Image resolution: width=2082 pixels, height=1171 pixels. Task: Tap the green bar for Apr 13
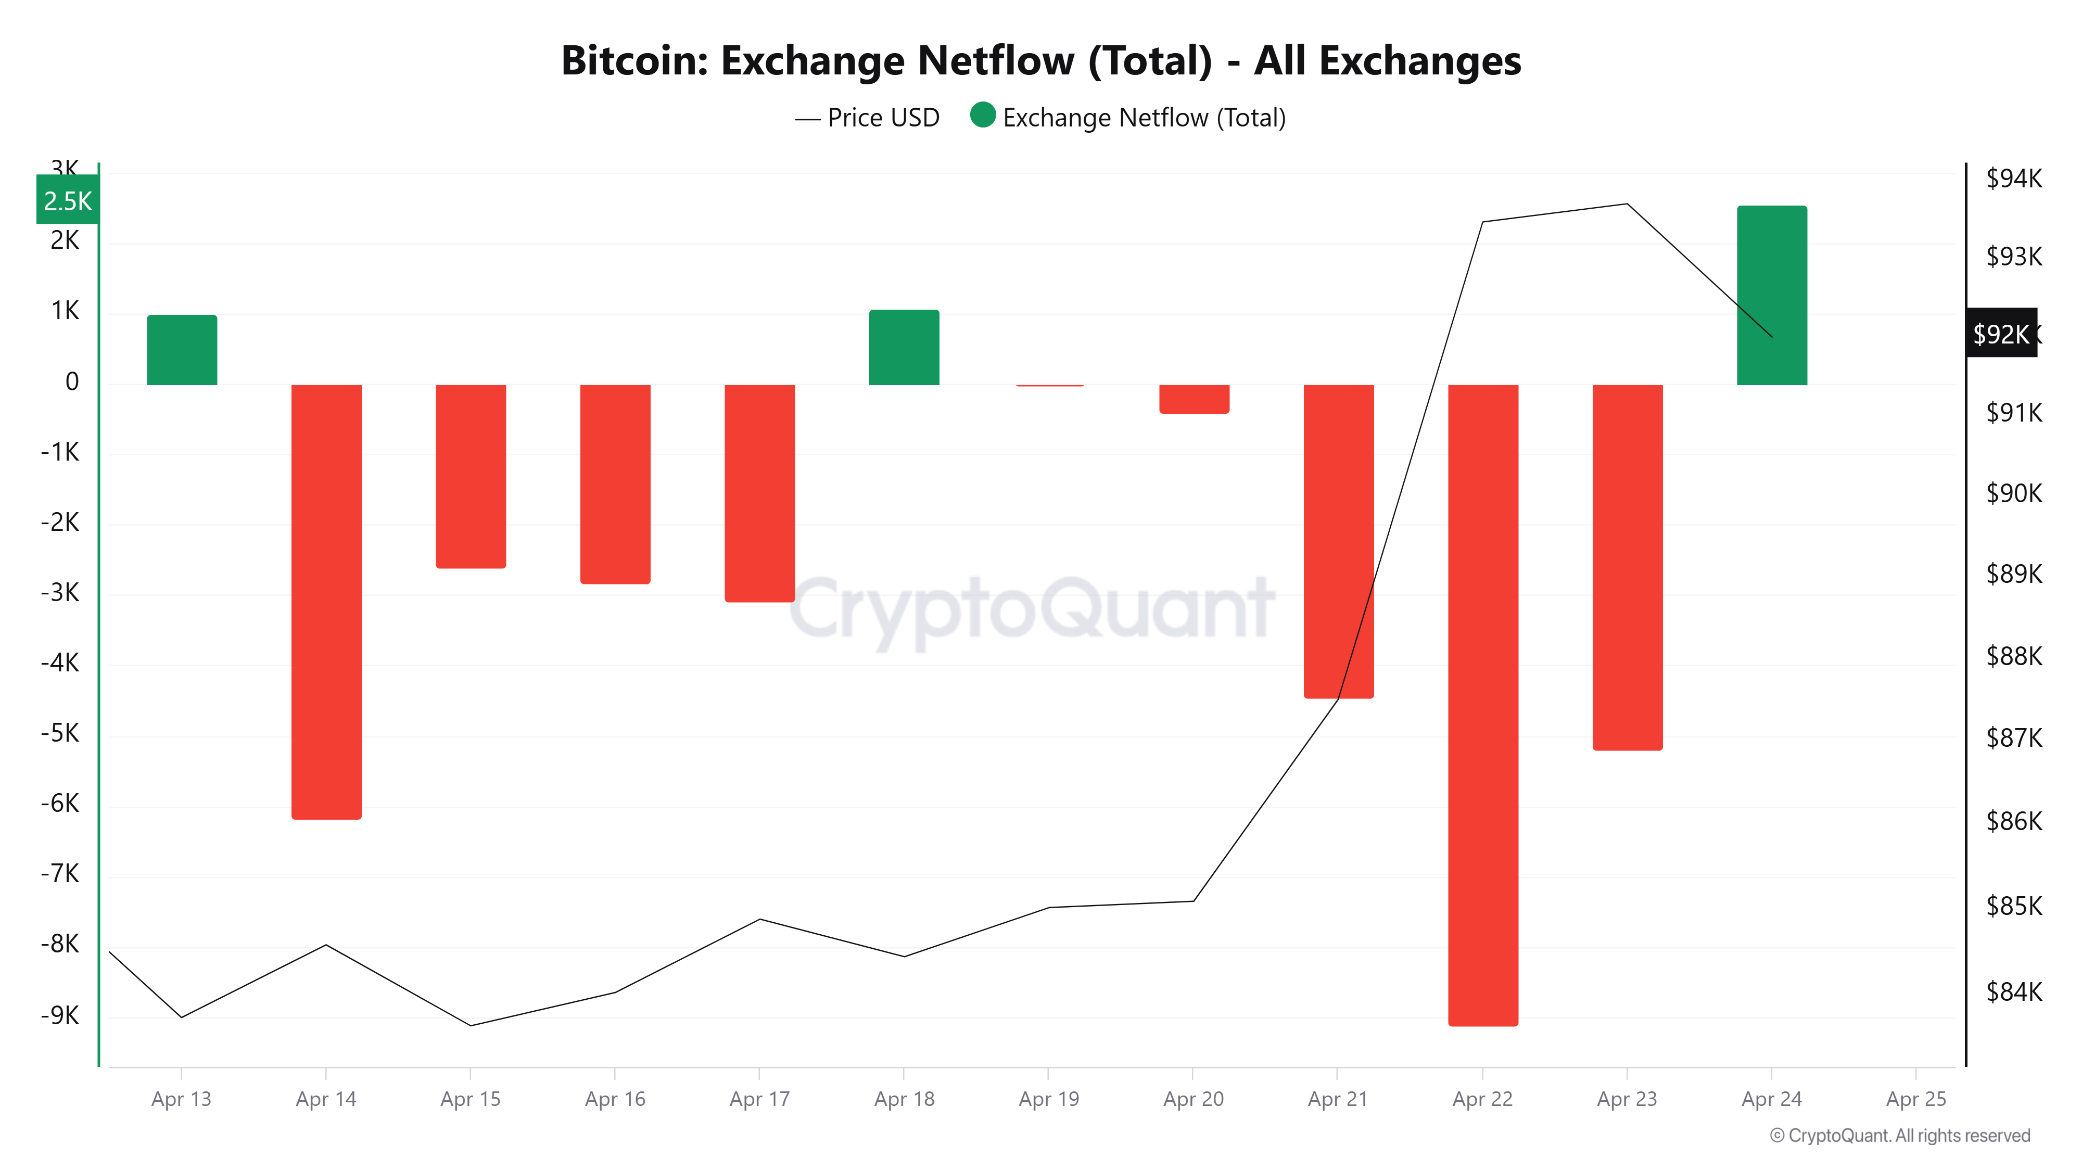[x=182, y=350]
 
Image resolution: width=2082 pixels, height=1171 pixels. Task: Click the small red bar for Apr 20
[x=1194, y=399]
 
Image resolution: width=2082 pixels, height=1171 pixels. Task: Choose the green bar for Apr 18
[x=904, y=348]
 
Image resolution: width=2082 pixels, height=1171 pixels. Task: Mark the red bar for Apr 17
[x=760, y=493]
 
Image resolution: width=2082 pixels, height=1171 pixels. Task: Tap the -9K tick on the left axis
[x=60, y=1015]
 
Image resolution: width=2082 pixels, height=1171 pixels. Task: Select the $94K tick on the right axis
[x=2013, y=178]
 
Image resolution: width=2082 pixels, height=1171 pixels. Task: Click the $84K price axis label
[x=2013, y=991]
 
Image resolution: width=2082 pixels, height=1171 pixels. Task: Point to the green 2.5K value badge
[x=68, y=200]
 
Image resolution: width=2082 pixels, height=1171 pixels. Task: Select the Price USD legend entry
[x=868, y=118]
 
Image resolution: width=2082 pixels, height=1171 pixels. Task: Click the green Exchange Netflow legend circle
[x=982, y=116]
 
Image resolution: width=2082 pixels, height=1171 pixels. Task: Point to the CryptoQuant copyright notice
[x=1899, y=1136]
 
